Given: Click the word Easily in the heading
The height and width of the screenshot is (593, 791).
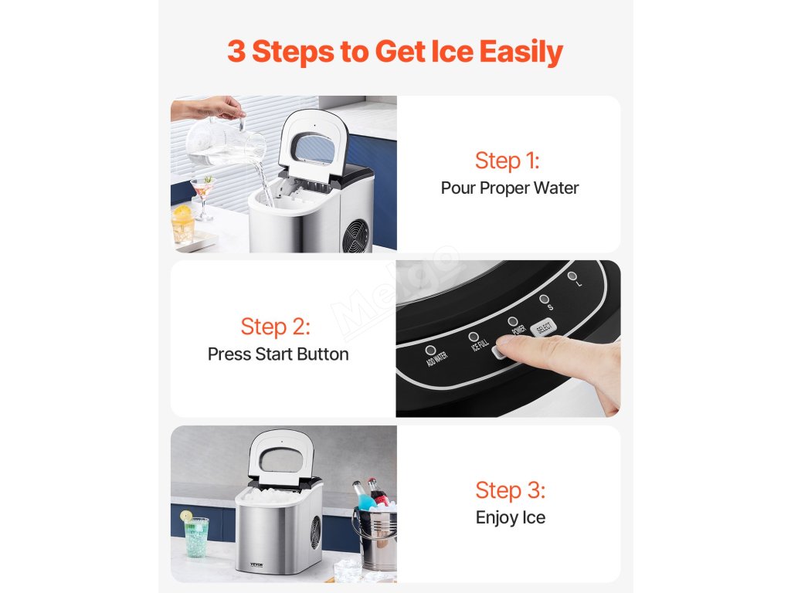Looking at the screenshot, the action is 521,52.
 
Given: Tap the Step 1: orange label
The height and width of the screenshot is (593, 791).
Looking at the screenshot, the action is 508,161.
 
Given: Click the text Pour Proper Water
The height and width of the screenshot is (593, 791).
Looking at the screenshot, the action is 510,188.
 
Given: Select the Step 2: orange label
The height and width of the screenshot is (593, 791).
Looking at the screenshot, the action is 276,327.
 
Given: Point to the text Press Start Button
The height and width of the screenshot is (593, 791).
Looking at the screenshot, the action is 278,354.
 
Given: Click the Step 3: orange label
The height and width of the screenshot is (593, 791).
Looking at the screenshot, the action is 510,490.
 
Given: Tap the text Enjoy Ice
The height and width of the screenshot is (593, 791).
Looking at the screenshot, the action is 511,518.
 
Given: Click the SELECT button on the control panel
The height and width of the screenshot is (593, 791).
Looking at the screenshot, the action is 543,327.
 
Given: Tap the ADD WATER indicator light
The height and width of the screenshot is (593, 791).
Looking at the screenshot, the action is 430,350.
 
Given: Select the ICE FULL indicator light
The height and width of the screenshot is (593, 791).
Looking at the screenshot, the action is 474,337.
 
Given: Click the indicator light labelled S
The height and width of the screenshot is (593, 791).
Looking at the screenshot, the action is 544,299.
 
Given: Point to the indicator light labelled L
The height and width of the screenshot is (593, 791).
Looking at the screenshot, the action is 572,276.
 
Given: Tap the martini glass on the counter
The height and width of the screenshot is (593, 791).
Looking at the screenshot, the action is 202,197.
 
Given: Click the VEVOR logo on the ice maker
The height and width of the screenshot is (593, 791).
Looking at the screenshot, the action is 256,564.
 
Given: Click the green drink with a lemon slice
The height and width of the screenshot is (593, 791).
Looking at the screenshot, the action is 195,536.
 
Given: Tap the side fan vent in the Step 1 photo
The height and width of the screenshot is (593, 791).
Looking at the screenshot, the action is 355,235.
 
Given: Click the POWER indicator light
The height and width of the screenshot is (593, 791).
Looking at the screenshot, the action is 513,321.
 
